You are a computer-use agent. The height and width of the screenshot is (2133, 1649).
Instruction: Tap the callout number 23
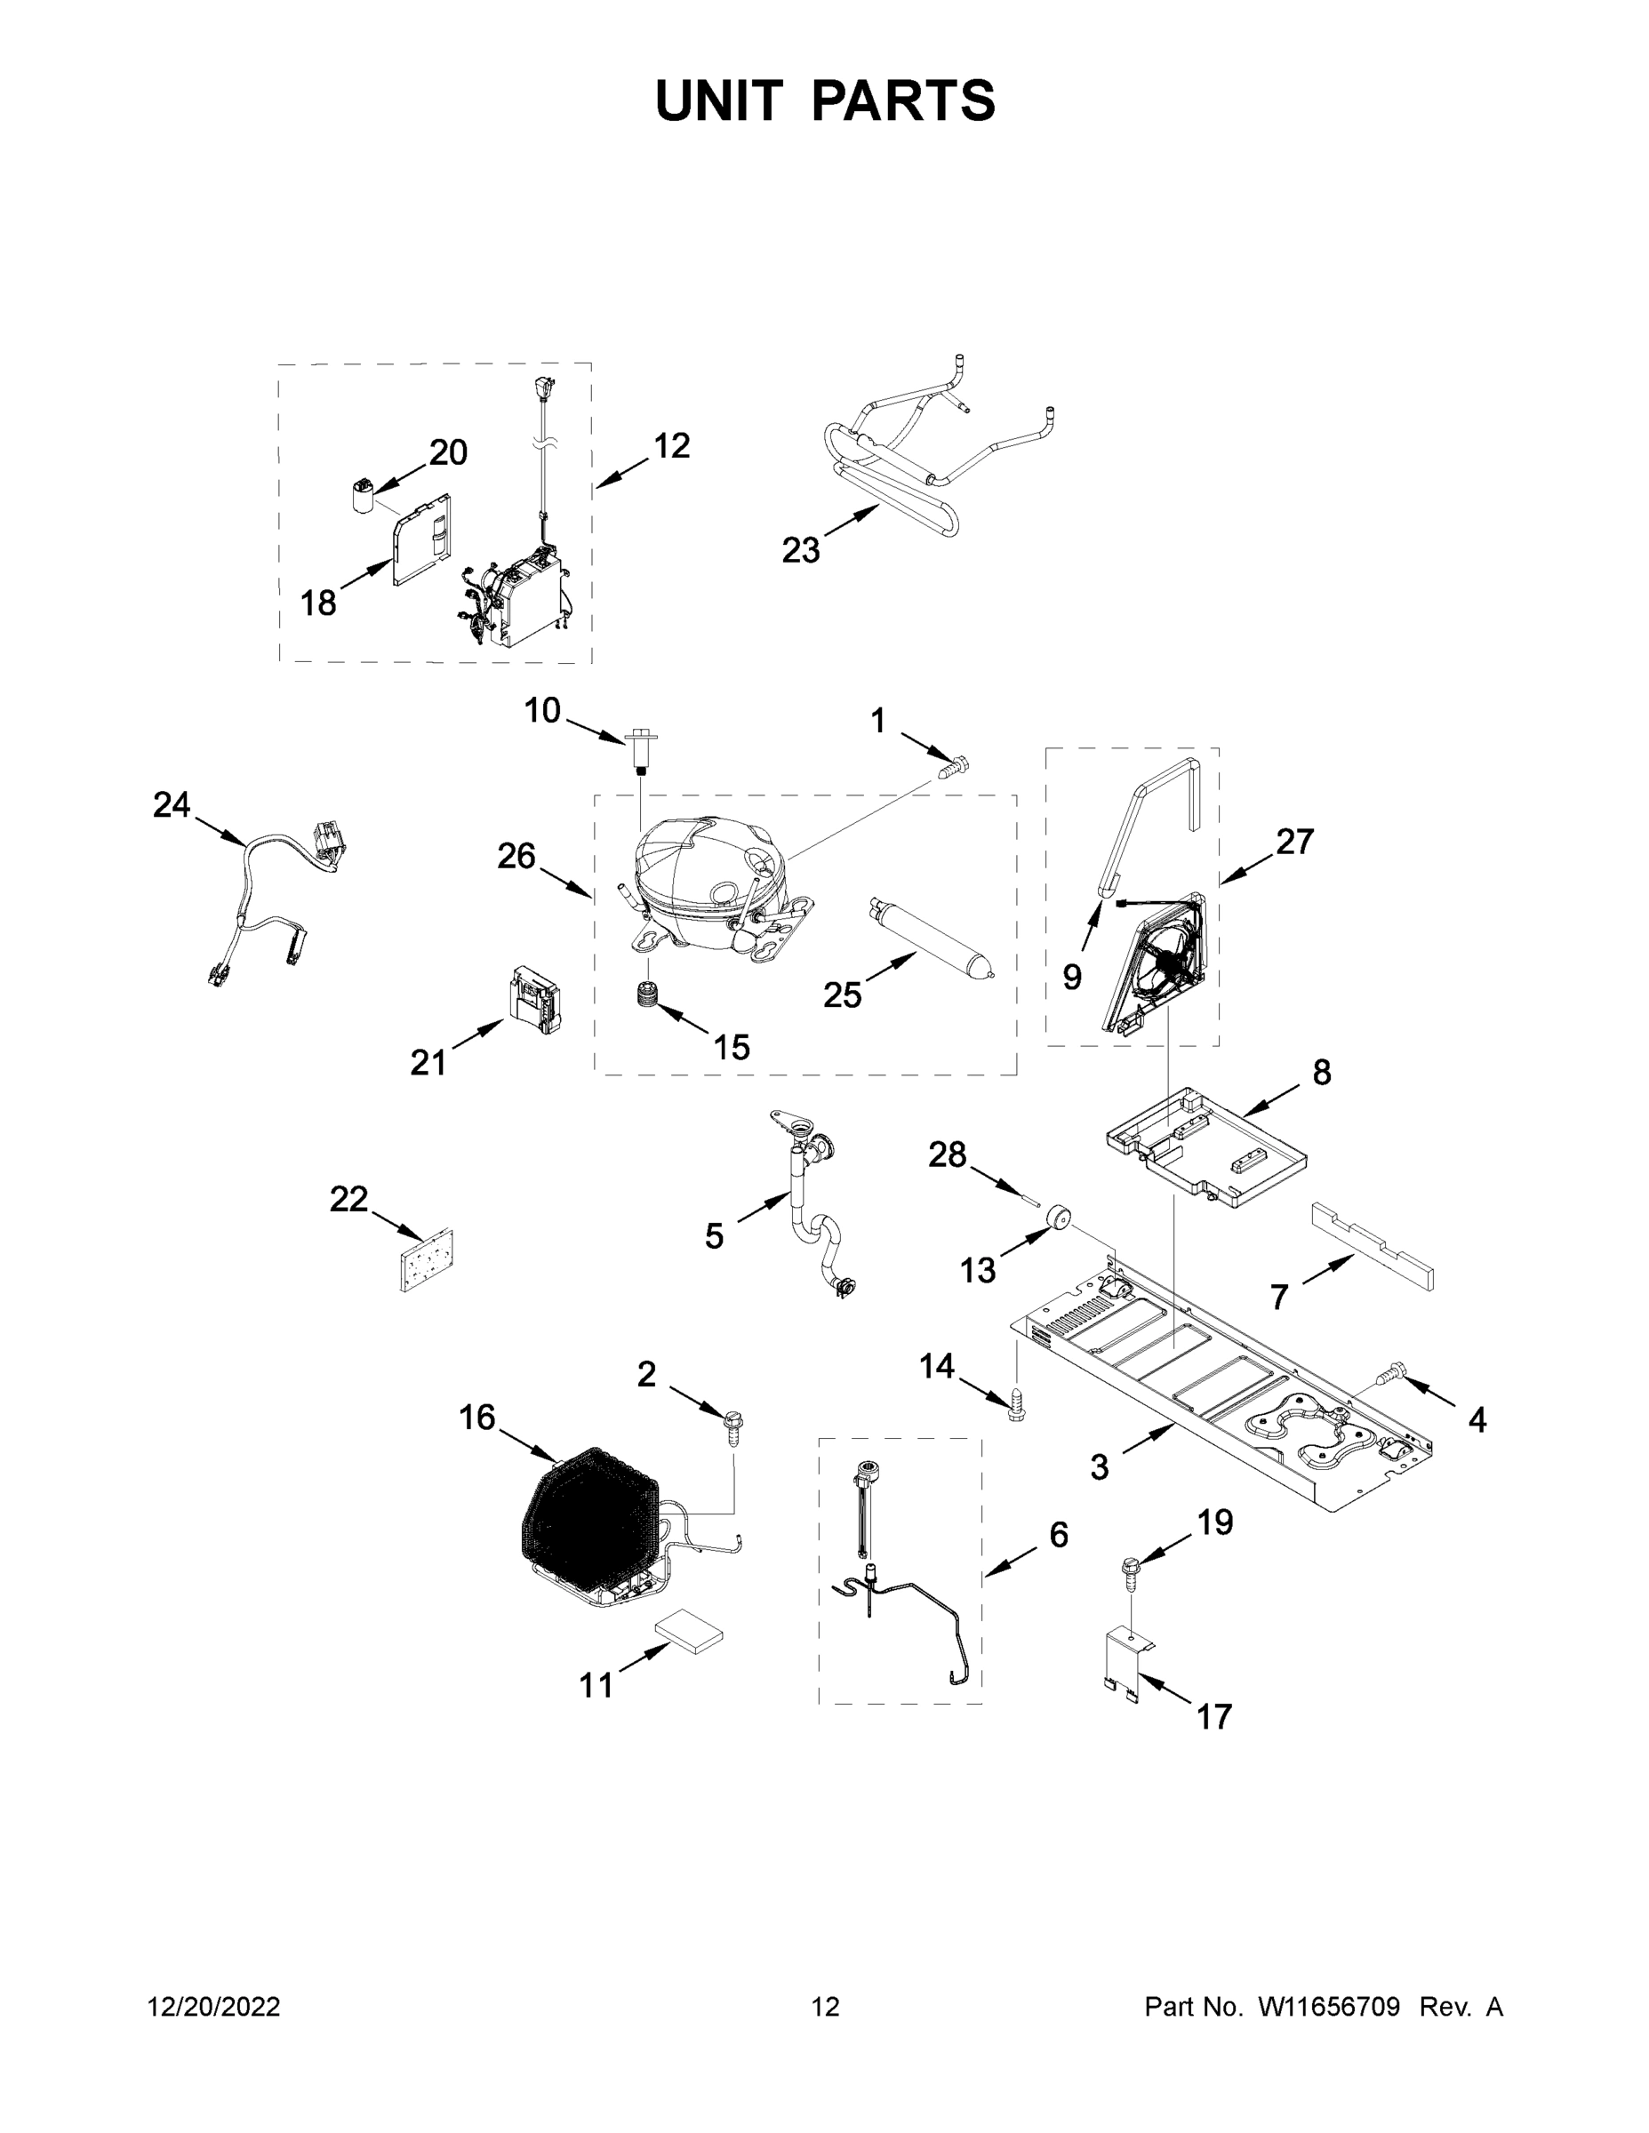[x=800, y=551]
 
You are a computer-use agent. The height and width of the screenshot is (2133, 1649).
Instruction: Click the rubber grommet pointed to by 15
[x=644, y=1000]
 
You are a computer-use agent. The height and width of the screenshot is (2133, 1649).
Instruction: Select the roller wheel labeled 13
[x=1056, y=1221]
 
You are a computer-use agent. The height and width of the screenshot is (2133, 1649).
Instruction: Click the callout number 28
[x=947, y=1155]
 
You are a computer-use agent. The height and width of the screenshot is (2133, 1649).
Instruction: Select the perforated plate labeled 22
[x=427, y=1261]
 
